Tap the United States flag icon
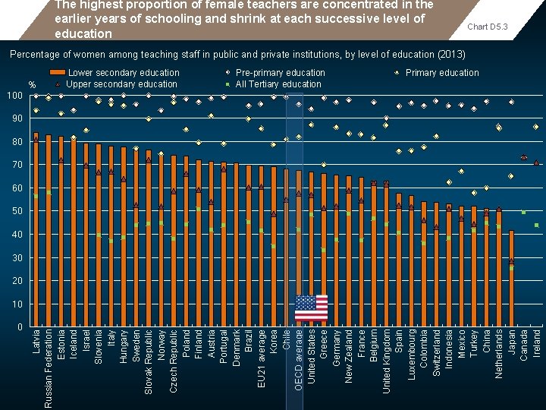[311, 307]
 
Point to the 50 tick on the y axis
[17, 211]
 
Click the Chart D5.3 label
[487, 27]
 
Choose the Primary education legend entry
[442, 73]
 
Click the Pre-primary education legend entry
[280, 73]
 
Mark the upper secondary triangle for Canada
[523, 157]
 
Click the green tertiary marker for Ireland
[536, 225]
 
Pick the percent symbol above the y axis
[31, 84]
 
